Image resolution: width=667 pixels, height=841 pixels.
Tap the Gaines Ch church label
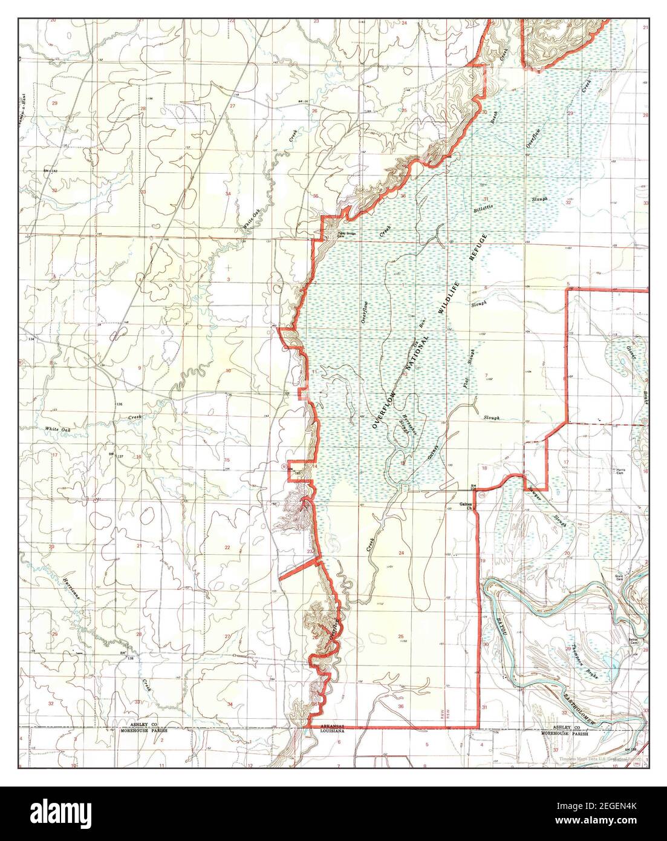point(464,506)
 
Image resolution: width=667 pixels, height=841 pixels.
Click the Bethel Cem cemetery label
point(633,640)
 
